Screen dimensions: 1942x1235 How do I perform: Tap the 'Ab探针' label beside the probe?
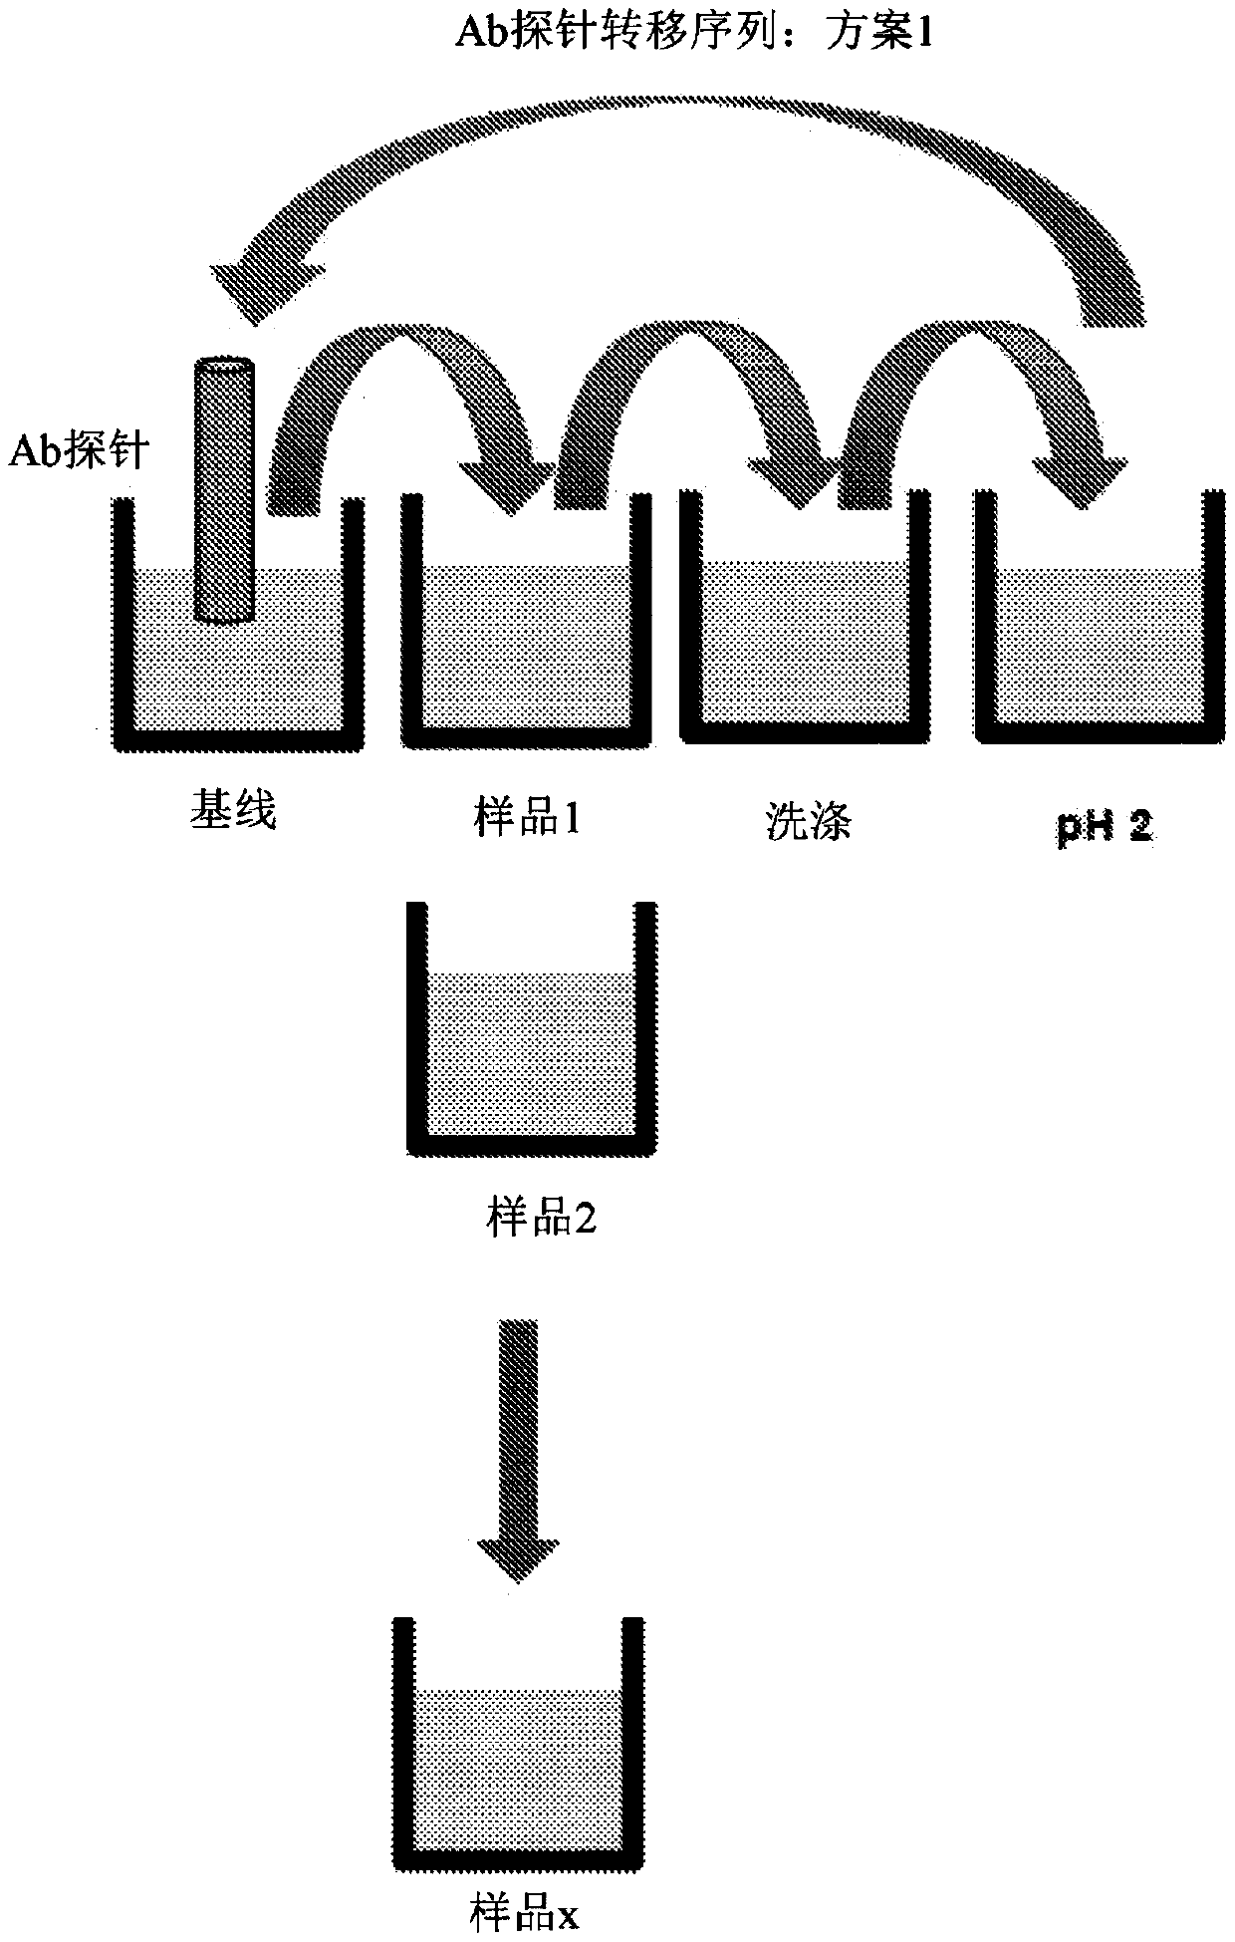coord(80,451)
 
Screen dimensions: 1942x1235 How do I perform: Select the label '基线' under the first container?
coord(233,812)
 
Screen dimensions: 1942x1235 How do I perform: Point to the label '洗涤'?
coord(808,823)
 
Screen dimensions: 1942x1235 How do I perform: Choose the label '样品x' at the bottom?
coord(524,1915)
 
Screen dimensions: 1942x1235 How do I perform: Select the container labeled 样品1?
coord(528,658)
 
